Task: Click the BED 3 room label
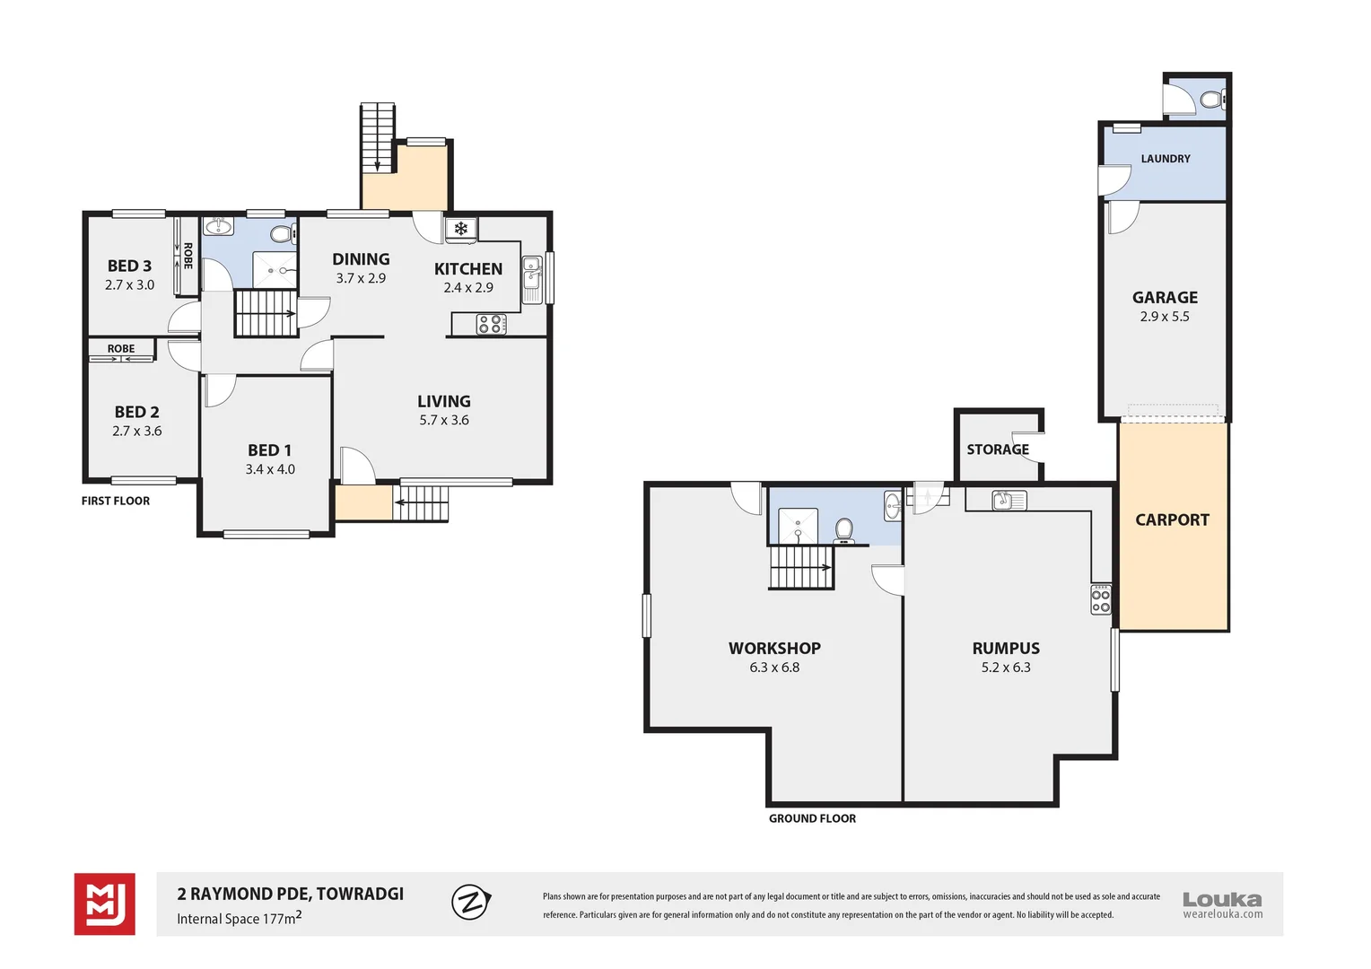(x=129, y=266)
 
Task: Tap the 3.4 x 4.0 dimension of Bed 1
(x=270, y=469)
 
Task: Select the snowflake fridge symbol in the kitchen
(x=461, y=230)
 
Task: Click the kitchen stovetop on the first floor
(x=491, y=325)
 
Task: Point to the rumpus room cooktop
(x=1100, y=599)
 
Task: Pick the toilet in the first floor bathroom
(x=283, y=234)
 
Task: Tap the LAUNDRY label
(x=1166, y=159)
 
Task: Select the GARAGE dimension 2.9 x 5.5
(x=1165, y=317)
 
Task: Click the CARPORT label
(x=1172, y=520)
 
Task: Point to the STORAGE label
(x=998, y=450)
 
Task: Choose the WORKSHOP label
(x=774, y=649)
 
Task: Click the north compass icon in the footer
(x=471, y=902)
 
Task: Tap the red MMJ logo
(x=105, y=904)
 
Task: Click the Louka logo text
(x=1222, y=900)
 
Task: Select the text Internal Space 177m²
(x=240, y=918)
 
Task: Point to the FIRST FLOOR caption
(x=116, y=501)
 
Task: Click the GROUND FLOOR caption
(x=812, y=818)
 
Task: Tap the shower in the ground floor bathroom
(x=799, y=526)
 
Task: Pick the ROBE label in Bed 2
(x=121, y=349)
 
